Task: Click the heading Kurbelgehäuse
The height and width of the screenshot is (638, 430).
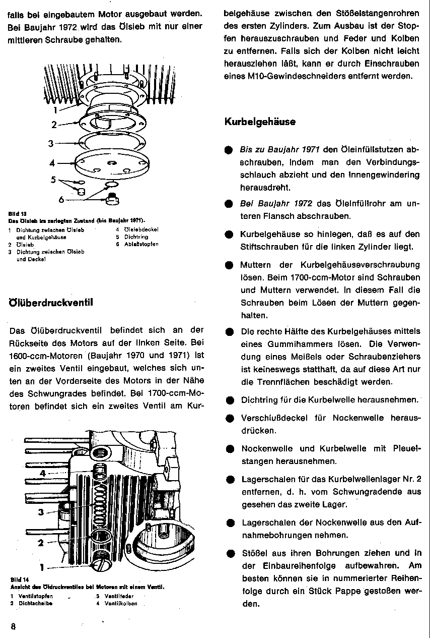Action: click(x=259, y=122)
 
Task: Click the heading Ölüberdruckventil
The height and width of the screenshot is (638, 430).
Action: click(x=51, y=303)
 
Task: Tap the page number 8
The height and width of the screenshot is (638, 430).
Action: click(x=14, y=626)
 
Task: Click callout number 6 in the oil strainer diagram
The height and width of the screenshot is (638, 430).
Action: click(x=61, y=200)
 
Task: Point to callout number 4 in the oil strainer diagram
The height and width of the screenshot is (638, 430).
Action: click(x=52, y=163)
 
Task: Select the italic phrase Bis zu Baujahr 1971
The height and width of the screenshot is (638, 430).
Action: click(x=279, y=150)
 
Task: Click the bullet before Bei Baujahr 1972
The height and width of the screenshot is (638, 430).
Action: click(x=229, y=204)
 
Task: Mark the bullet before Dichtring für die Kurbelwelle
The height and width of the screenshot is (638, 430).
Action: click(x=229, y=400)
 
